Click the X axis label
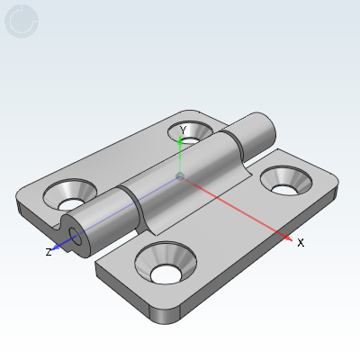301,242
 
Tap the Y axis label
183,130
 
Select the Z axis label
49,252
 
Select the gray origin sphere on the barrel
181,176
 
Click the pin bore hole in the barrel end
75,238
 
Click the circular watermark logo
22,22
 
